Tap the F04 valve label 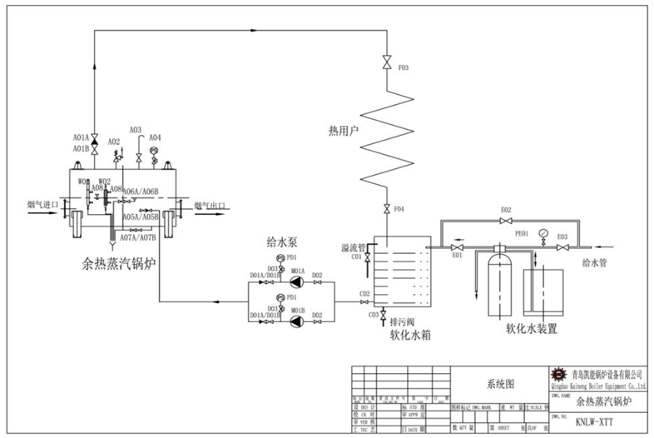coord(399,208)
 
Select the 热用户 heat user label coord(344,130)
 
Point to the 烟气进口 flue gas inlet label coord(42,203)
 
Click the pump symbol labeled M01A coord(297,281)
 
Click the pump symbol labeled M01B coord(297,321)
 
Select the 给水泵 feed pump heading coord(282,242)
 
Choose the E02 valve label coord(505,210)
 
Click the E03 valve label coord(562,236)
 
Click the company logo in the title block coord(558,376)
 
